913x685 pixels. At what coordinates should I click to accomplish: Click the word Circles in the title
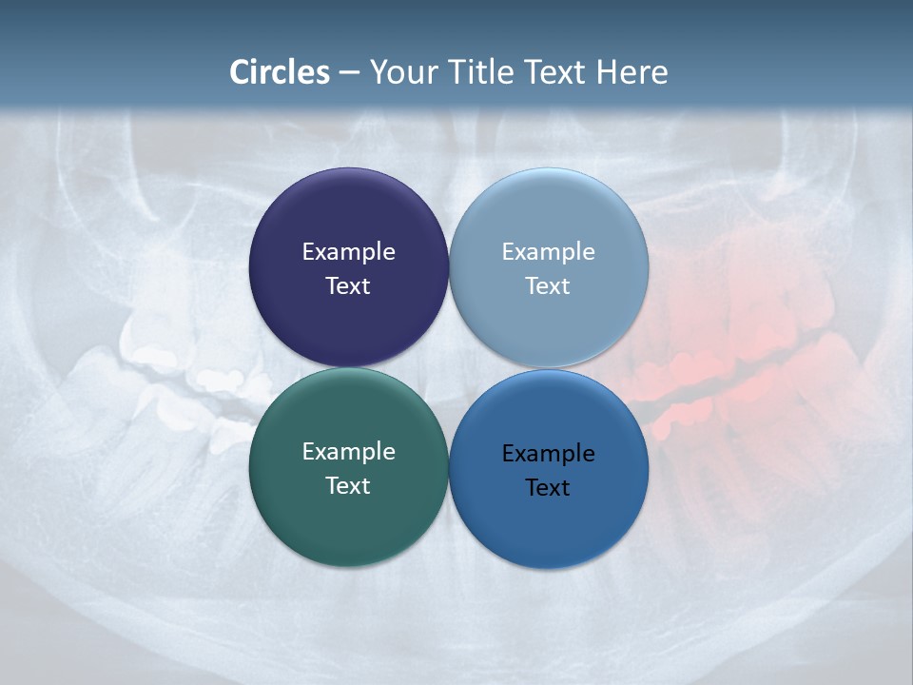(x=280, y=72)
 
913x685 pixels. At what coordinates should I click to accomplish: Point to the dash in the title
(x=349, y=72)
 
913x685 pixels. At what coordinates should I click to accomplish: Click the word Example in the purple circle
(x=348, y=252)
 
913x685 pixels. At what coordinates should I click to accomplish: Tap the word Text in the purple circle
(x=348, y=286)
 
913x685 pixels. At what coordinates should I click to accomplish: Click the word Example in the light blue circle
(x=548, y=252)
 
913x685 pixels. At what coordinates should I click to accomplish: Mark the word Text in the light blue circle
(x=548, y=286)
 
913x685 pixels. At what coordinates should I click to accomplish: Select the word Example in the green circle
(x=348, y=452)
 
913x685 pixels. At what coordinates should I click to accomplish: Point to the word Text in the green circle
(x=348, y=486)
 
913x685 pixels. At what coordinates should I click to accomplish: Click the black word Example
(x=548, y=454)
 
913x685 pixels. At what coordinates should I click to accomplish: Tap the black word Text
(x=548, y=488)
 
